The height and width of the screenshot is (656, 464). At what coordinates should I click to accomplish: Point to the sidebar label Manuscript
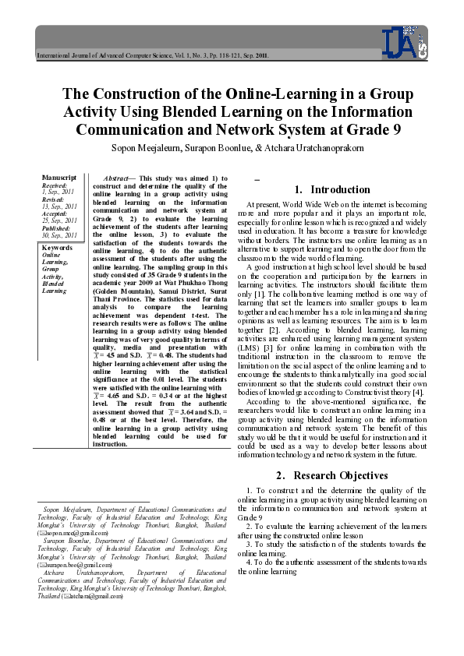(59, 178)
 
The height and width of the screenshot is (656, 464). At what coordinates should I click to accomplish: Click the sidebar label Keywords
(57, 248)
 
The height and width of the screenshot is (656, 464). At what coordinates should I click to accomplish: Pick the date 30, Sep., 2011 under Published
(60, 235)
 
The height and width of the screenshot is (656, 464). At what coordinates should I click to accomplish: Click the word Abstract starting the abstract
(118, 178)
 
